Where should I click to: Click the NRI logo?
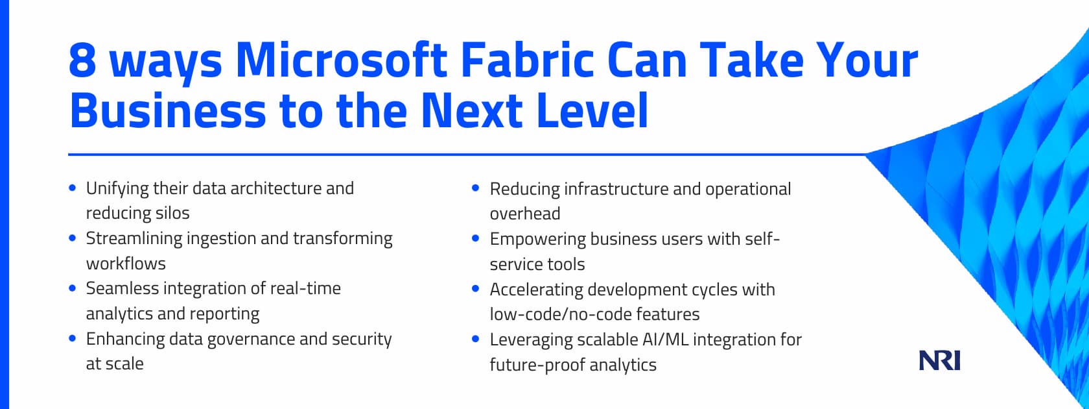pyautogui.click(x=939, y=360)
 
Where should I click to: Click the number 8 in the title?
pyautogui.click(x=82, y=60)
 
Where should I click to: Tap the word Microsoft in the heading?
pyautogui.click(x=341, y=60)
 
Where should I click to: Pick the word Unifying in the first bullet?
pyautogui.click(x=117, y=189)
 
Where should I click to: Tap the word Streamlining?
pyautogui.click(x=134, y=239)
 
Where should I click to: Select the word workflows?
pyautogui.click(x=126, y=264)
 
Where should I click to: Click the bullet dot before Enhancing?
pyautogui.click(x=73, y=338)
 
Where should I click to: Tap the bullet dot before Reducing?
pyautogui.click(x=476, y=188)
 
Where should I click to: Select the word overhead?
pyautogui.click(x=525, y=214)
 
